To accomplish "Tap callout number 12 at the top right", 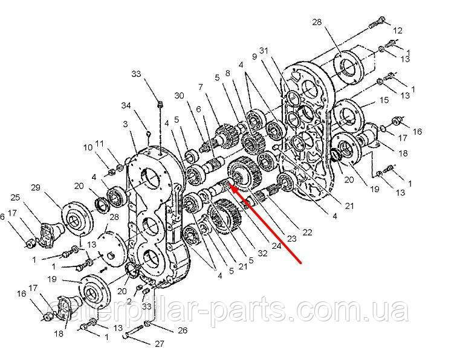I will click(397, 30).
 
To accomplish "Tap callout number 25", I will click(15, 198).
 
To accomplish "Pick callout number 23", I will click(292, 239).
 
